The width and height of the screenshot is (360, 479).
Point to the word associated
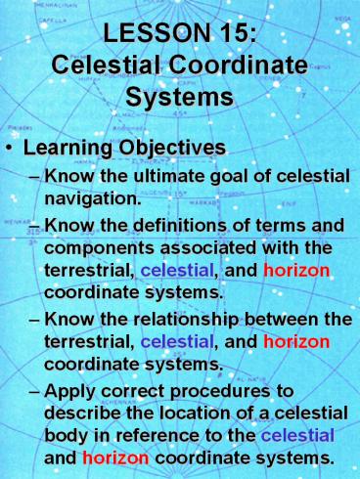(x=231, y=251)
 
